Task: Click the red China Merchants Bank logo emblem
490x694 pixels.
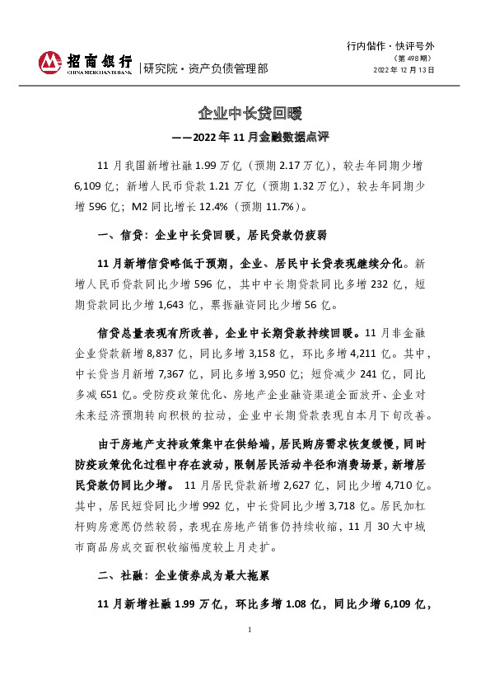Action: point(50,62)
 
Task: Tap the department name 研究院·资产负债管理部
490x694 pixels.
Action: point(205,68)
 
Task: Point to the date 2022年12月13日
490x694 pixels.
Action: point(404,70)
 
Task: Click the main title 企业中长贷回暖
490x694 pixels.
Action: point(245,112)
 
